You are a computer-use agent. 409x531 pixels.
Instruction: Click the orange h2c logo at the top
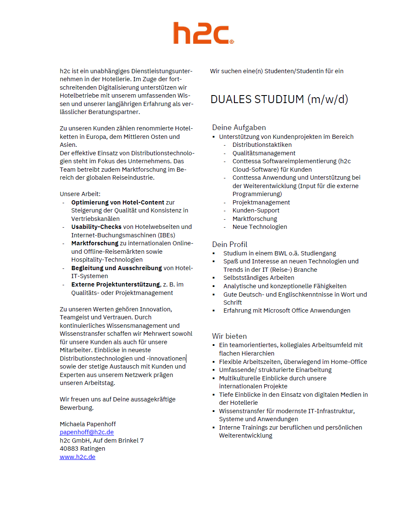(203, 33)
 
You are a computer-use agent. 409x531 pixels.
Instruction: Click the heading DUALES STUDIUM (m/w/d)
(279, 99)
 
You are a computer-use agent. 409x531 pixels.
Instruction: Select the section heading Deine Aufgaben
(239, 127)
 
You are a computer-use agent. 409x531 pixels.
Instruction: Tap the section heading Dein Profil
(229, 244)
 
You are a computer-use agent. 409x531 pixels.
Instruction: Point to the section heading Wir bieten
(229, 336)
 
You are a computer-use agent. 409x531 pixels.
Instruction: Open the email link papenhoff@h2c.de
(87, 432)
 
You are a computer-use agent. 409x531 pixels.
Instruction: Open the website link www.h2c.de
(77, 457)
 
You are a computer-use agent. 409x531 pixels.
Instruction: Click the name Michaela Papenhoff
(88, 424)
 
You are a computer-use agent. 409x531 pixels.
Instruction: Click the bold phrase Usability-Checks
(96, 227)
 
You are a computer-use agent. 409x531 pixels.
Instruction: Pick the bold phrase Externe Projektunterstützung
(116, 284)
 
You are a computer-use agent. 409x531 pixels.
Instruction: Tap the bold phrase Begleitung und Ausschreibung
(117, 268)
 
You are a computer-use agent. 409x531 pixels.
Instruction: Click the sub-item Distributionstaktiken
(262, 145)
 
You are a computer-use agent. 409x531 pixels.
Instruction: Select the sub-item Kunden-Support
(256, 210)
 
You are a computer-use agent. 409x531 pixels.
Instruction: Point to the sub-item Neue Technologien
(260, 227)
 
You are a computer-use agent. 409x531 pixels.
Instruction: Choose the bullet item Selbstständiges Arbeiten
(259, 278)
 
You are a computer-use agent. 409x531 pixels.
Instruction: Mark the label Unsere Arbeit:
(80, 194)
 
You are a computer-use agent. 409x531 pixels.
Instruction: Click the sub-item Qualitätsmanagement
(264, 153)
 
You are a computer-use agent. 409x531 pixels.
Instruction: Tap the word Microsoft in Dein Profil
(277, 311)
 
